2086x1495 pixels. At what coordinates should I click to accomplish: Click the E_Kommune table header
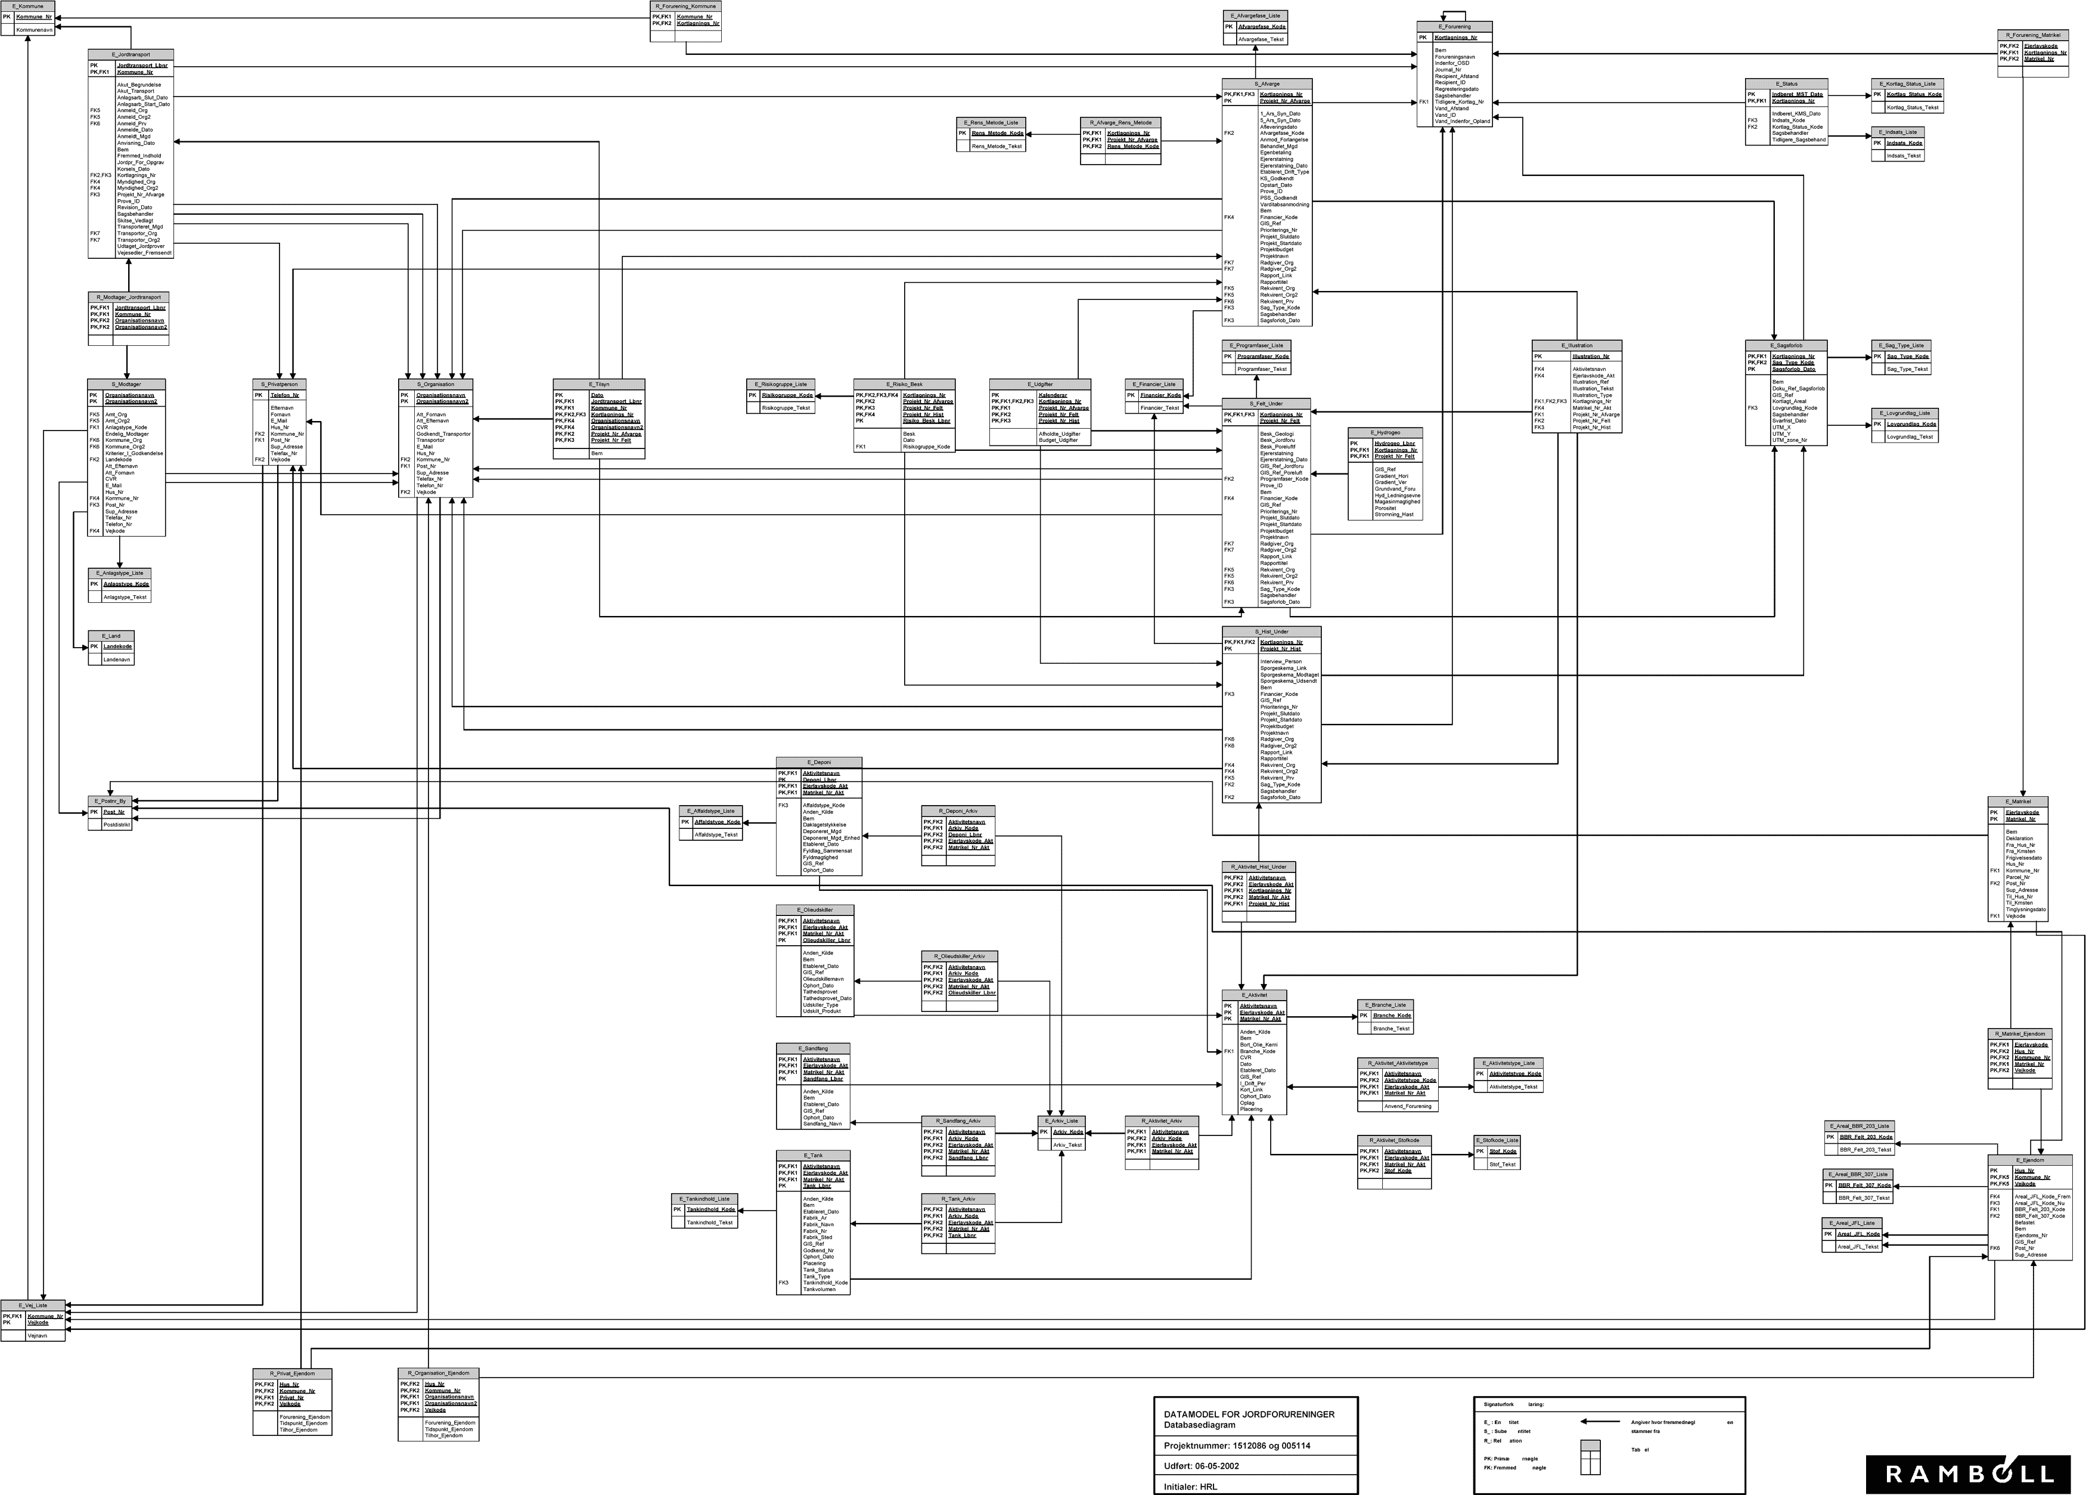(27, 7)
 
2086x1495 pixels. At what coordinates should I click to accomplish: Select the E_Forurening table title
(1454, 27)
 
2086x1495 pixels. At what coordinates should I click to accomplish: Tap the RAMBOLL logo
(1968, 1474)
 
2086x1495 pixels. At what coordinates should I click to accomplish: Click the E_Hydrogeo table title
(1385, 432)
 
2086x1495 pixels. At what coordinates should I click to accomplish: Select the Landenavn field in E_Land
(117, 660)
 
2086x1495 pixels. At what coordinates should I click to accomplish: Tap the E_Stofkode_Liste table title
(1497, 1140)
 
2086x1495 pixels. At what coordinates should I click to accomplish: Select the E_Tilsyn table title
(599, 383)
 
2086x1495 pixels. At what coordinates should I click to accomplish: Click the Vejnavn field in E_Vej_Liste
(38, 1335)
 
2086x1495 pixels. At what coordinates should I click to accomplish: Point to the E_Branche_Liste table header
(1385, 1005)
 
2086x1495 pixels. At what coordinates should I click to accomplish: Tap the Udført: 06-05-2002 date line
(1200, 1466)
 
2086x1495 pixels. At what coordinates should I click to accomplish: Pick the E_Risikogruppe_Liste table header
(781, 383)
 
